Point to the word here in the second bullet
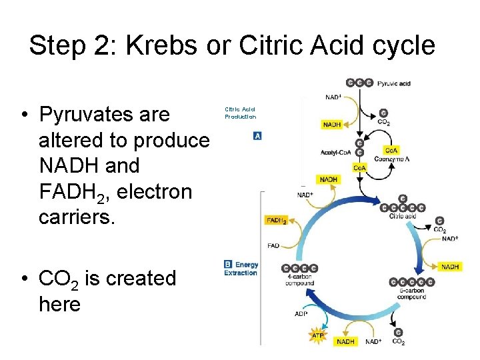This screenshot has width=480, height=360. (x=59, y=305)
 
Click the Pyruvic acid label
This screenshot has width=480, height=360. (x=394, y=83)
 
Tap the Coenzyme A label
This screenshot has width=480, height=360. (x=397, y=159)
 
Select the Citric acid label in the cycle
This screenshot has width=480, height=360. (x=403, y=216)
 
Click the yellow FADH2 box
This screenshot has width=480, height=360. (x=277, y=221)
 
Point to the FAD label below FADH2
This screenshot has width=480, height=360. (x=273, y=246)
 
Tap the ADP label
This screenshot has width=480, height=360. (x=301, y=313)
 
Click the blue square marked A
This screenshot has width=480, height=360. (x=257, y=136)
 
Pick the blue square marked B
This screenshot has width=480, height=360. (x=228, y=264)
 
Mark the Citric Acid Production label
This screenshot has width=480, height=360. (x=240, y=113)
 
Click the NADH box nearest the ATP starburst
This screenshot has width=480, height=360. (x=346, y=341)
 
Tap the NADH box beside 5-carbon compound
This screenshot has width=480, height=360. (x=449, y=267)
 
